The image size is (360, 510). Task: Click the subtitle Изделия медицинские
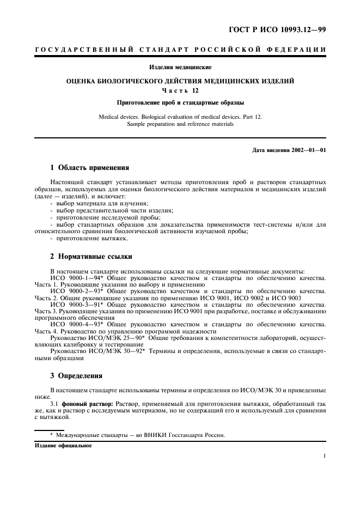point(180,68)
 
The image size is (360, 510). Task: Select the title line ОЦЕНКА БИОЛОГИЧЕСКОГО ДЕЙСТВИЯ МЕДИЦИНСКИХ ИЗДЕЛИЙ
point(180,81)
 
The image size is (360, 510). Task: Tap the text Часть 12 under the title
point(180,90)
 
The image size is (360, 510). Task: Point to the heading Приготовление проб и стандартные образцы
point(180,102)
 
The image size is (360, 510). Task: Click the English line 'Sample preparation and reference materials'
point(180,124)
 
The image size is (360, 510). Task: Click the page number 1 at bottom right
point(324,458)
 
